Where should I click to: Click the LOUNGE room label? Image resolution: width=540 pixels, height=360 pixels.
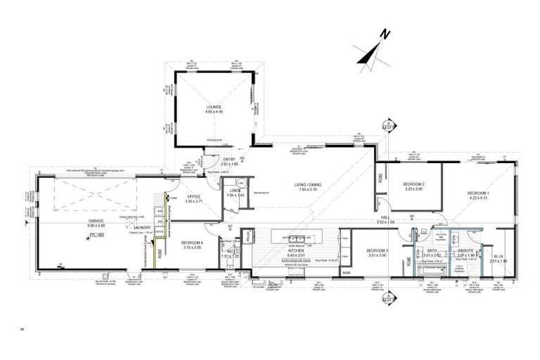pos(214,108)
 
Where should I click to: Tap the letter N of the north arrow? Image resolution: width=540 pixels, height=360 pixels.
pos(385,33)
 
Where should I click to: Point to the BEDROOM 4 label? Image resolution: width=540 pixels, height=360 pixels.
pos(192,243)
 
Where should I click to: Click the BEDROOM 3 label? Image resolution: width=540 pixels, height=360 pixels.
pos(376,251)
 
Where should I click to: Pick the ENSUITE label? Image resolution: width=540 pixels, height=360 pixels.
pos(466,250)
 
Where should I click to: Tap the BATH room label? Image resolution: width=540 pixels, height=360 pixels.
pos(431,250)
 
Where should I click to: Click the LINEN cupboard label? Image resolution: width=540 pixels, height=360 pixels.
pos(235,190)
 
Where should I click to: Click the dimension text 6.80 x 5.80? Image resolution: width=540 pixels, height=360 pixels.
pos(96,225)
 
